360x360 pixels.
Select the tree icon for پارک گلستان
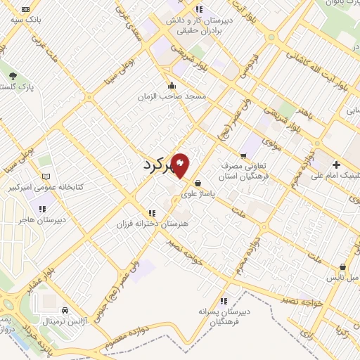(12, 74)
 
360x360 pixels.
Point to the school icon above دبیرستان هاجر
(41, 208)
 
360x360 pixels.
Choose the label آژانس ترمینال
(65, 321)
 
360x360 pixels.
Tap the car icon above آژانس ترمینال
(65, 309)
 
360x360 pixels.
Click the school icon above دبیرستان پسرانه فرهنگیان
(223, 300)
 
